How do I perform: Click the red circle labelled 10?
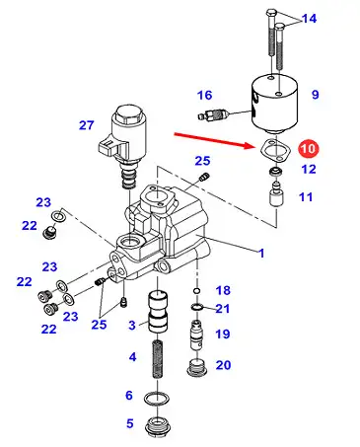pyautogui.click(x=309, y=148)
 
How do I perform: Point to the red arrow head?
pyautogui.click(x=249, y=145)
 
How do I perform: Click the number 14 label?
pyautogui.click(x=309, y=19)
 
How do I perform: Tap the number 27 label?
pyautogui.click(x=87, y=125)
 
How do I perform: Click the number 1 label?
pyautogui.click(x=261, y=254)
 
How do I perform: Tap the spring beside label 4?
pyautogui.click(x=158, y=359)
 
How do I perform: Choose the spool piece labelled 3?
pyautogui.click(x=158, y=312)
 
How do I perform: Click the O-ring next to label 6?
pyautogui.click(x=158, y=399)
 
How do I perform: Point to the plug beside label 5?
pyautogui.click(x=158, y=426)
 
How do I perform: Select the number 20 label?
pyautogui.click(x=223, y=365)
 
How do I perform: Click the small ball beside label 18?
pyautogui.click(x=196, y=291)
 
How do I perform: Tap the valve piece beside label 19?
pyautogui.click(x=196, y=335)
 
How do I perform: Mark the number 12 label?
pyautogui.click(x=309, y=169)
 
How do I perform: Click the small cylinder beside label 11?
pyautogui.click(x=276, y=194)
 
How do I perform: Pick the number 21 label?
pyautogui.click(x=223, y=309)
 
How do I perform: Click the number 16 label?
pyautogui.click(x=204, y=95)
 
